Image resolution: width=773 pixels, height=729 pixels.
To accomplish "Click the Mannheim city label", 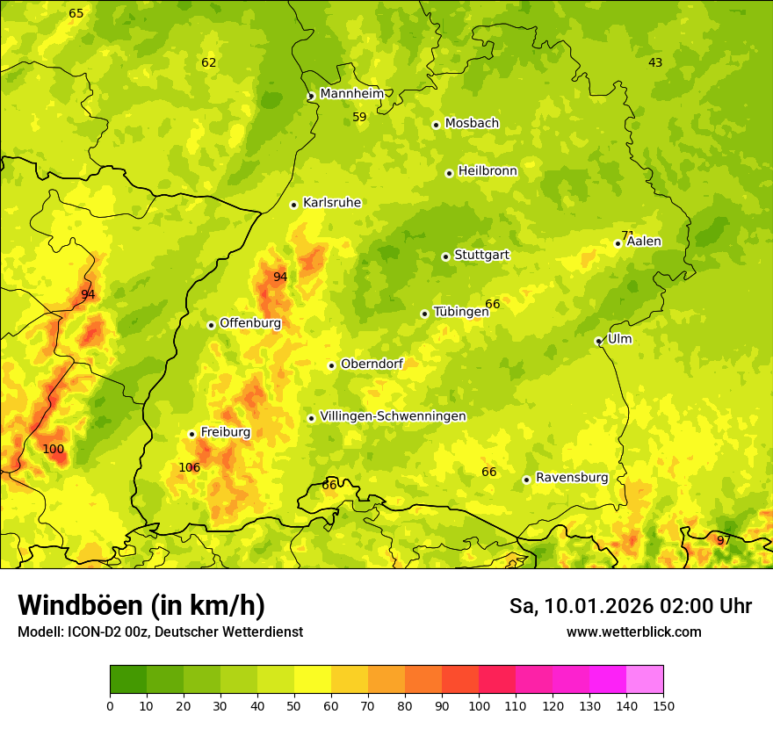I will [351, 94].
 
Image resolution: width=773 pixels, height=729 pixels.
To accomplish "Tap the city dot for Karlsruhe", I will [294, 205].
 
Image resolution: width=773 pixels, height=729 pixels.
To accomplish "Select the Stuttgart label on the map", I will [481, 256].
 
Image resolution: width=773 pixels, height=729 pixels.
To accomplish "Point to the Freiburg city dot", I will [191, 434].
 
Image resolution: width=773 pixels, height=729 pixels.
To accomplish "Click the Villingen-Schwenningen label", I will [393, 416].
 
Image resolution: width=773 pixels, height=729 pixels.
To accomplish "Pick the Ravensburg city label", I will [572, 478].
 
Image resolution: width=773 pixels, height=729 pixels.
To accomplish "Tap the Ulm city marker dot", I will [598, 341].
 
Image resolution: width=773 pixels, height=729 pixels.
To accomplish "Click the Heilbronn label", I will [488, 171].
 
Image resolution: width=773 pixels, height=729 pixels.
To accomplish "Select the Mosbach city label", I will [472, 124].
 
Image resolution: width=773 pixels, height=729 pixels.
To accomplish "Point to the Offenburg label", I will [250, 323].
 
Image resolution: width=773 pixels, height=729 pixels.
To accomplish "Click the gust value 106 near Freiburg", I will [190, 468].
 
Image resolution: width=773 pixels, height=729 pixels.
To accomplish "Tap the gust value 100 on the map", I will [54, 450].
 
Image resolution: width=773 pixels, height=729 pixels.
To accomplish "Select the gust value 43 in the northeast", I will [655, 62].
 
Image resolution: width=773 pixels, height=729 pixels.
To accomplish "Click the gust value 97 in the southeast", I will [723, 540].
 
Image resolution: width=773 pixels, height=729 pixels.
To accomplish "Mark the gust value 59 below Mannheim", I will [359, 118].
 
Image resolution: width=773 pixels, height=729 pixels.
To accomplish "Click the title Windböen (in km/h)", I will [141, 605].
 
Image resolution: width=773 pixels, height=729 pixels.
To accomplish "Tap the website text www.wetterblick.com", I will [633, 632].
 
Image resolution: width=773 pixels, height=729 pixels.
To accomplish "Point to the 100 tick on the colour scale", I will [479, 705].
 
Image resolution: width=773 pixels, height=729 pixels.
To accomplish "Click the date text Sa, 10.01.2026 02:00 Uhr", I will [630, 606].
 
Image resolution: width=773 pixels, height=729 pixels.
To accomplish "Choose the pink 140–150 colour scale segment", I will [645, 680].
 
